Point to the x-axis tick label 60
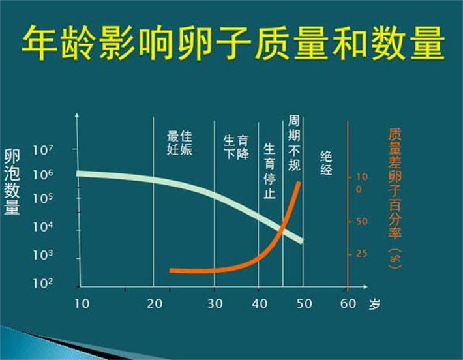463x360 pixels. (348, 304)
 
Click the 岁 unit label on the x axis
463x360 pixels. (374, 304)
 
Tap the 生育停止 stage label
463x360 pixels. (270, 171)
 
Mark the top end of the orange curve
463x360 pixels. (298, 183)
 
